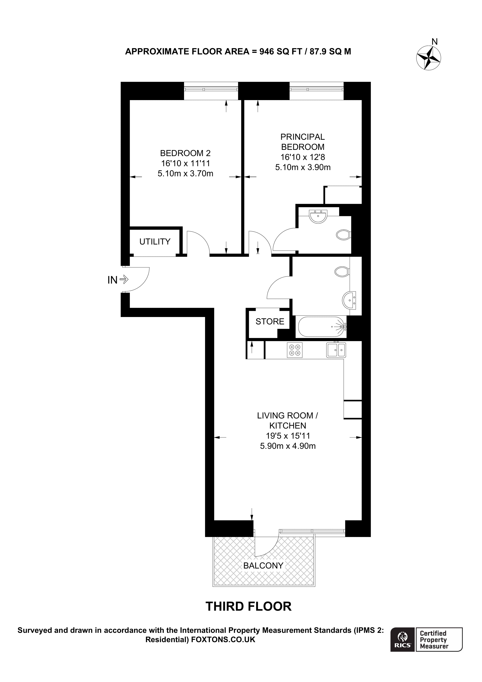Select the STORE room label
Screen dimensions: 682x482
pyautogui.click(x=270, y=321)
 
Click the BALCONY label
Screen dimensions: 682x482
pyautogui.click(x=263, y=566)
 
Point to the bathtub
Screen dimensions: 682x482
pyautogui.click(x=321, y=327)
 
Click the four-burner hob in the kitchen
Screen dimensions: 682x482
pyautogui.click(x=295, y=350)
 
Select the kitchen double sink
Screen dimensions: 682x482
pyautogui.click(x=336, y=350)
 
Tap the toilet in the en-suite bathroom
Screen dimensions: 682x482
pyautogui.click(x=344, y=235)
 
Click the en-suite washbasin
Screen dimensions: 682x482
pyautogui.click(x=318, y=216)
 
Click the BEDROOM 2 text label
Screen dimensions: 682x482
pyautogui.click(x=185, y=153)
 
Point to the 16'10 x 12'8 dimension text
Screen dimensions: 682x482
pyautogui.click(x=303, y=157)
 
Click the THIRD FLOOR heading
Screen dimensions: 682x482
pyautogui.click(x=249, y=607)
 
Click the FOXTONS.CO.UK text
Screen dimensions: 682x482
pyautogui.click(x=223, y=639)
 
